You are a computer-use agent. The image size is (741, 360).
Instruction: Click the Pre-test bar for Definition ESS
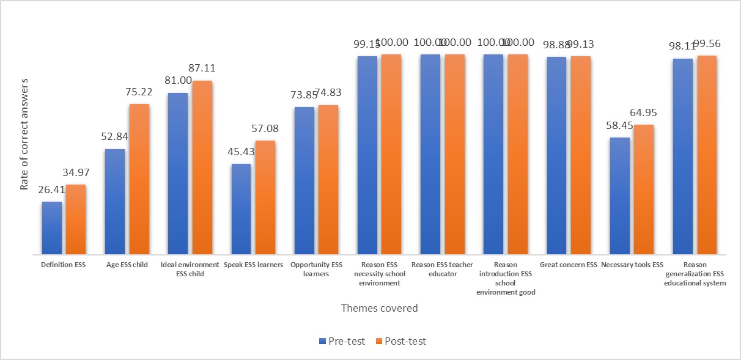point(52,228)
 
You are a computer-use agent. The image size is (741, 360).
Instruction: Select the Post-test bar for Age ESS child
point(139,179)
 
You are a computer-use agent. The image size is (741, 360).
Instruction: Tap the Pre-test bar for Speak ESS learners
point(241,209)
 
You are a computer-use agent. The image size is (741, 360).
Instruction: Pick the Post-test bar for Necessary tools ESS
point(644,189)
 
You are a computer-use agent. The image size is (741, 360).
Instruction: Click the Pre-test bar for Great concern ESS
point(557,155)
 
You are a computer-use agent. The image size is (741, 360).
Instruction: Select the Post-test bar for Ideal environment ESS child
point(202,167)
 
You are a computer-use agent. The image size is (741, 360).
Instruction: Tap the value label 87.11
point(202,68)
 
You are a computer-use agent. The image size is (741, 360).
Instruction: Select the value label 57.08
point(265,129)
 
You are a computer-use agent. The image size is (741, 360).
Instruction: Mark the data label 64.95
point(644,112)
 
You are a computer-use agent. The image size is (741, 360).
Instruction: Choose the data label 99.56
point(707,44)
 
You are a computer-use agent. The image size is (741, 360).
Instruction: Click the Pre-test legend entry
point(342,341)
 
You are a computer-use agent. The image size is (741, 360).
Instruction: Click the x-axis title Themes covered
point(379,308)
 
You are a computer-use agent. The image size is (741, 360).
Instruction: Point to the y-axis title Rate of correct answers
point(24,133)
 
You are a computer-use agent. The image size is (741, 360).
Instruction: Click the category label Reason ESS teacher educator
point(443,269)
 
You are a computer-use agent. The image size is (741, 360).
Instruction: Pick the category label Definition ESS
point(63,265)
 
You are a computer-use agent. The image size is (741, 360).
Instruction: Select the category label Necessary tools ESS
point(632,265)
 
